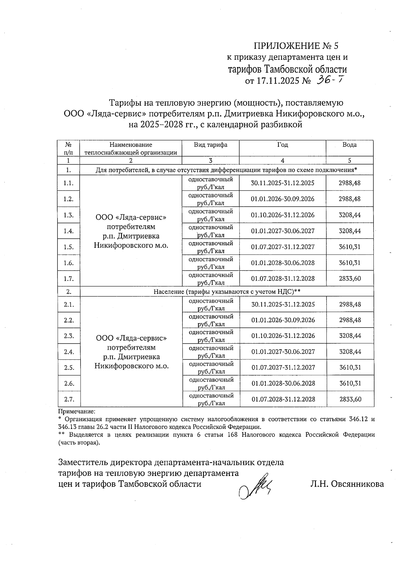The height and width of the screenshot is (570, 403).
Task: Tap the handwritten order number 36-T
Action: [331, 80]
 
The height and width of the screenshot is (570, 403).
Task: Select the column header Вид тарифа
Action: [210, 145]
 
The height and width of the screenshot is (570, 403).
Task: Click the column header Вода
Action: [349, 145]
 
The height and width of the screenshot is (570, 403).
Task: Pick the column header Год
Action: [282, 145]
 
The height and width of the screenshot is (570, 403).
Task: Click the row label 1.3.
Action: [69, 215]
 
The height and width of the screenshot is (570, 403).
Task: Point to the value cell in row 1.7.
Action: [350, 278]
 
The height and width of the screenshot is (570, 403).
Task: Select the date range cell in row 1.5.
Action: [283, 247]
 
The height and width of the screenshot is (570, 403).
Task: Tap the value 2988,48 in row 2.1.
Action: [350, 304]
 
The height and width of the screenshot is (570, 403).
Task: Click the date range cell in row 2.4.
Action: [283, 352]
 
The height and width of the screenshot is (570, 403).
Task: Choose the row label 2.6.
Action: [69, 383]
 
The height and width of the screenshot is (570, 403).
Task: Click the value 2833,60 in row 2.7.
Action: [350, 399]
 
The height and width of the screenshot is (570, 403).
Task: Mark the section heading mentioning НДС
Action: [227, 292]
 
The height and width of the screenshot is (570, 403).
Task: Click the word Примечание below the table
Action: [77, 411]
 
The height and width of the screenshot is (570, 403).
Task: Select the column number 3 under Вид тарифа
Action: [211, 161]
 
